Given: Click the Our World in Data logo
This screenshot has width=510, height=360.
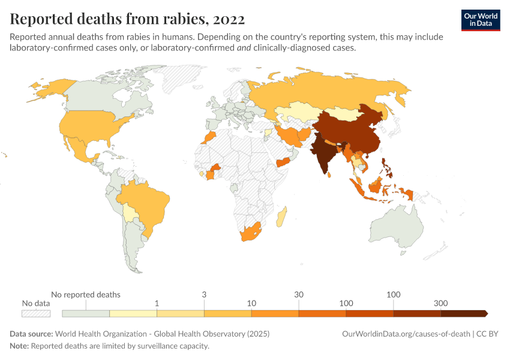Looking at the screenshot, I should (x=481, y=20).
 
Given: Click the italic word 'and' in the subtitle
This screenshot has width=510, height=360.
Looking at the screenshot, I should (x=245, y=48).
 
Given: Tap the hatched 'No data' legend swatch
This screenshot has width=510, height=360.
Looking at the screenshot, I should (x=36, y=313).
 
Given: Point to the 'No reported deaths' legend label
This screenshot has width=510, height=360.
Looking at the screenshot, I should (x=86, y=295).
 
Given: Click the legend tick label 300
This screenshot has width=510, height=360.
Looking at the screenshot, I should (x=440, y=304).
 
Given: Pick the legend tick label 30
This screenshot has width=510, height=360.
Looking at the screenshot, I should (x=299, y=295).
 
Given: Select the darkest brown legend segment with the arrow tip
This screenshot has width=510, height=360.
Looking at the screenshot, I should (x=463, y=313).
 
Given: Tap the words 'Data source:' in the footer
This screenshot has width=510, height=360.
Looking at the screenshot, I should (x=31, y=334).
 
